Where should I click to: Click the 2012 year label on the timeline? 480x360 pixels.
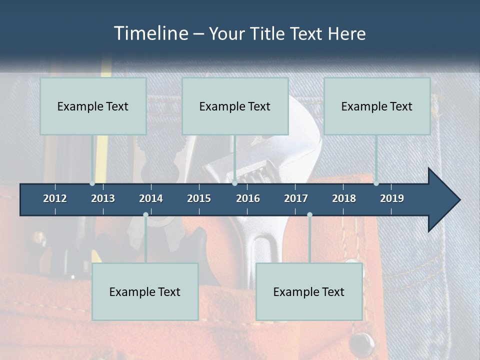coord(55,198)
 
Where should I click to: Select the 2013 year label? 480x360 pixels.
coord(103,198)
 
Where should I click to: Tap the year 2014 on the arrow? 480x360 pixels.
coord(151,198)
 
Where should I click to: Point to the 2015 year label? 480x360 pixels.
coord(199,198)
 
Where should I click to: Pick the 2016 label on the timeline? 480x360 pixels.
coord(248,198)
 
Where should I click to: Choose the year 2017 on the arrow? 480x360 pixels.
coord(296,198)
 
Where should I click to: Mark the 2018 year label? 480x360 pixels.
coord(344,198)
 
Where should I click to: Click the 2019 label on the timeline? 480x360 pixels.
coord(392,198)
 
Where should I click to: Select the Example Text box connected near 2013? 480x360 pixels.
coord(93,106)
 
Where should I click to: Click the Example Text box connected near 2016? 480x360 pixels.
coord(235,106)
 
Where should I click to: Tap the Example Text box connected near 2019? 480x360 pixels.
coord(377,106)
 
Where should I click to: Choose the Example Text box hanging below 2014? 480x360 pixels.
coord(145,291)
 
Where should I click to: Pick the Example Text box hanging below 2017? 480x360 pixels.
coord(309,291)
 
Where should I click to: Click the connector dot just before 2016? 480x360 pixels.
coord(234,183)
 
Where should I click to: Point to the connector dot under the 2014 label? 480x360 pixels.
coord(145,214)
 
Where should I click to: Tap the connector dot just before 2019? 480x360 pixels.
coord(376,183)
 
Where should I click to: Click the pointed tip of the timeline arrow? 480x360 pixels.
coord(459,199)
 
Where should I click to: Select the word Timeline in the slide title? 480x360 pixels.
coord(151,33)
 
